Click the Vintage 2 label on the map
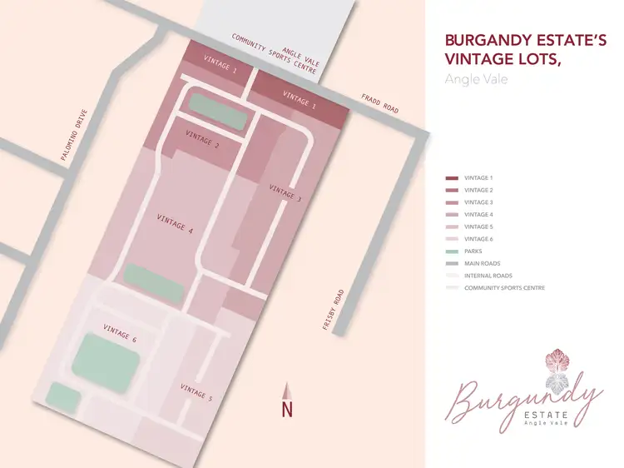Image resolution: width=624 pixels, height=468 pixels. click(x=202, y=139)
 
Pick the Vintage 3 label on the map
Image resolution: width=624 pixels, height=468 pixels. click(x=285, y=193)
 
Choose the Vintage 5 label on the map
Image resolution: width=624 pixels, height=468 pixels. click(x=196, y=391)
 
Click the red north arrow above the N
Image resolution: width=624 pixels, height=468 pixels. click(x=287, y=391)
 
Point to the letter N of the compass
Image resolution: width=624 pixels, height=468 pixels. click(x=287, y=410)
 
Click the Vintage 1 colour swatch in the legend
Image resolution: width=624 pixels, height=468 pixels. click(x=452, y=178)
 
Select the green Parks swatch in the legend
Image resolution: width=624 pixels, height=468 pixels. click(x=452, y=251)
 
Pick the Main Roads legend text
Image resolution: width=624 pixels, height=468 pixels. click(x=483, y=263)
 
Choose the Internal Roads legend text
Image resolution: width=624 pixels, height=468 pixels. click(x=488, y=276)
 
